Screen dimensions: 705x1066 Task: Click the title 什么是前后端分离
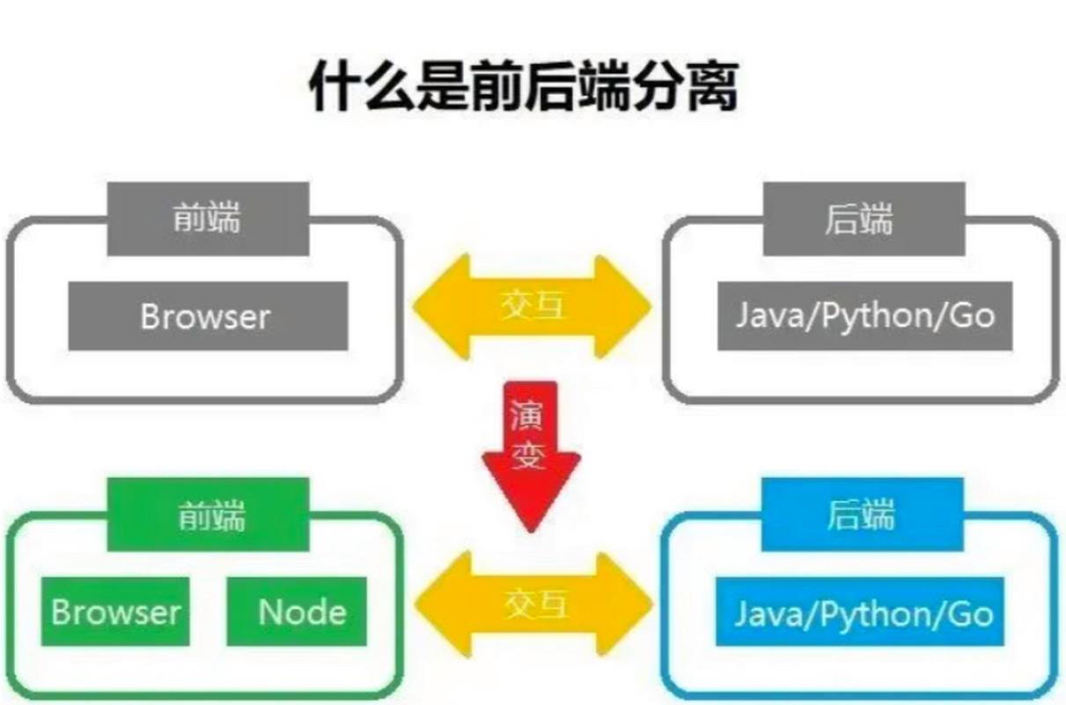click(x=523, y=86)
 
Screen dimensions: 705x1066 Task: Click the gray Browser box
click(x=208, y=316)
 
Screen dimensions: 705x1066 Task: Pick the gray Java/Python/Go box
click(x=864, y=316)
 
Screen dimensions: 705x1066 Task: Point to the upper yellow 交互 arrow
click(x=532, y=307)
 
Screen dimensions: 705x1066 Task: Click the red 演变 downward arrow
click(x=531, y=449)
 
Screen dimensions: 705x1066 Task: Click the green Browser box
click(x=115, y=612)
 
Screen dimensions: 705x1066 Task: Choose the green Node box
click(x=297, y=612)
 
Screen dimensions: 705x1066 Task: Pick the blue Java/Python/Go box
click(x=864, y=612)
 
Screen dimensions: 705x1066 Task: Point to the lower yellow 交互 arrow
click(x=533, y=605)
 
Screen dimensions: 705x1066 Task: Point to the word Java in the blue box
click(x=767, y=613)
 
